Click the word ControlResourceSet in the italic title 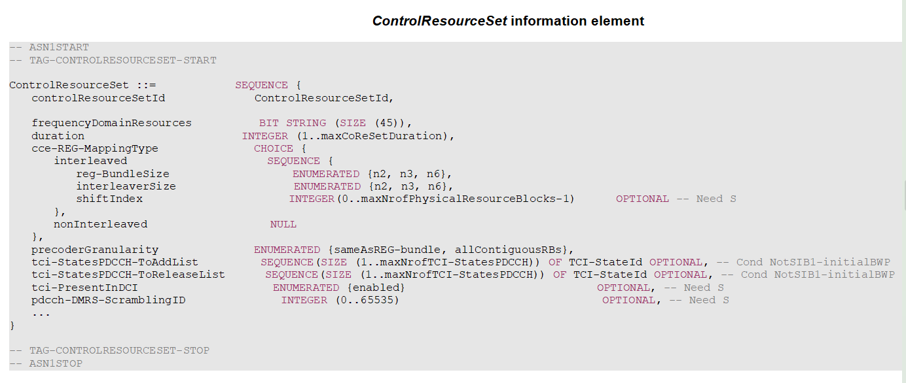[439, 21]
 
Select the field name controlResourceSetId [98, 98]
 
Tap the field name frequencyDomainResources [111, 123]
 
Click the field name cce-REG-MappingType [95, 148]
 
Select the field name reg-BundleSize [122, 174]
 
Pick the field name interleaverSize [126, 186]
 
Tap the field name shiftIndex [109, 199]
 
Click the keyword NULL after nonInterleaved [283, 224]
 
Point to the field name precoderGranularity [95, 250]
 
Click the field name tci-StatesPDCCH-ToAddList [115, 262]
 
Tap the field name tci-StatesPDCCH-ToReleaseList [128, 275]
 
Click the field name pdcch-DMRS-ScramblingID [109, 300]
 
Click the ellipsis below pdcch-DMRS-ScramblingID [41, 312]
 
